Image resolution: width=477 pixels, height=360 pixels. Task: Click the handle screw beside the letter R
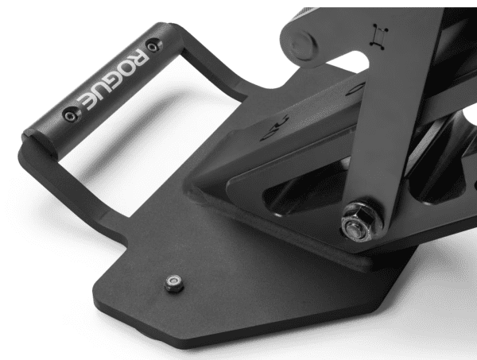click(153, 45)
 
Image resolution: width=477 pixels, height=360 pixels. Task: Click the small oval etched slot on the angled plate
click(277, 122)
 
